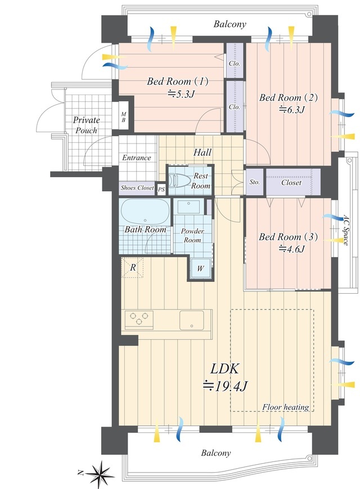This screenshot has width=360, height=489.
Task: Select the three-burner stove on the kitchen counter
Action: click(x=139, y=320)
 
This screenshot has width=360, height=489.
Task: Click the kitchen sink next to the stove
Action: click(x=191, y=320)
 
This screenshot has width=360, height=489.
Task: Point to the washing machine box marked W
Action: click(x=200, y=268)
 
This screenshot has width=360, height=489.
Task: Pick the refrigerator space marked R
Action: click(x=132, y=267)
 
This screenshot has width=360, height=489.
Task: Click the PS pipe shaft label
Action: click(x=161, y=189)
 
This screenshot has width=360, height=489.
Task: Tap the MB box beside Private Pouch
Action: click(x=123, y=117)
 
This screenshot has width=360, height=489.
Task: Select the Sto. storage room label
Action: click(x=255, y=182)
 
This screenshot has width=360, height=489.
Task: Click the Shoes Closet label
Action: click(x=137, y=188)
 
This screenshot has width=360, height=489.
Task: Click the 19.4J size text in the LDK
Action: click(x=225, y=387)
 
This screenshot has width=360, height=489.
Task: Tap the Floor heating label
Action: click(x=286, y=407)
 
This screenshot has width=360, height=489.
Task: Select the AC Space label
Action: click(x=345, y=229)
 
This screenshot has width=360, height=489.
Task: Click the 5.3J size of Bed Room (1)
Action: click(x=181, y=93)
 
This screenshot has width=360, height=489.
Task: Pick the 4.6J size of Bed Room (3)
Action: click(x=291, y=249)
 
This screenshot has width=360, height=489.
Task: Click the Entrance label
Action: click(x=137, y=158)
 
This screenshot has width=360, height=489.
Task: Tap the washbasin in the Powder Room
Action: click(x=188, y=207)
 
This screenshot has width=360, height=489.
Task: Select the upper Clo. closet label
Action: click(x=235, y=64)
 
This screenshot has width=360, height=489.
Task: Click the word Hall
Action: click(x=202, y=152)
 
